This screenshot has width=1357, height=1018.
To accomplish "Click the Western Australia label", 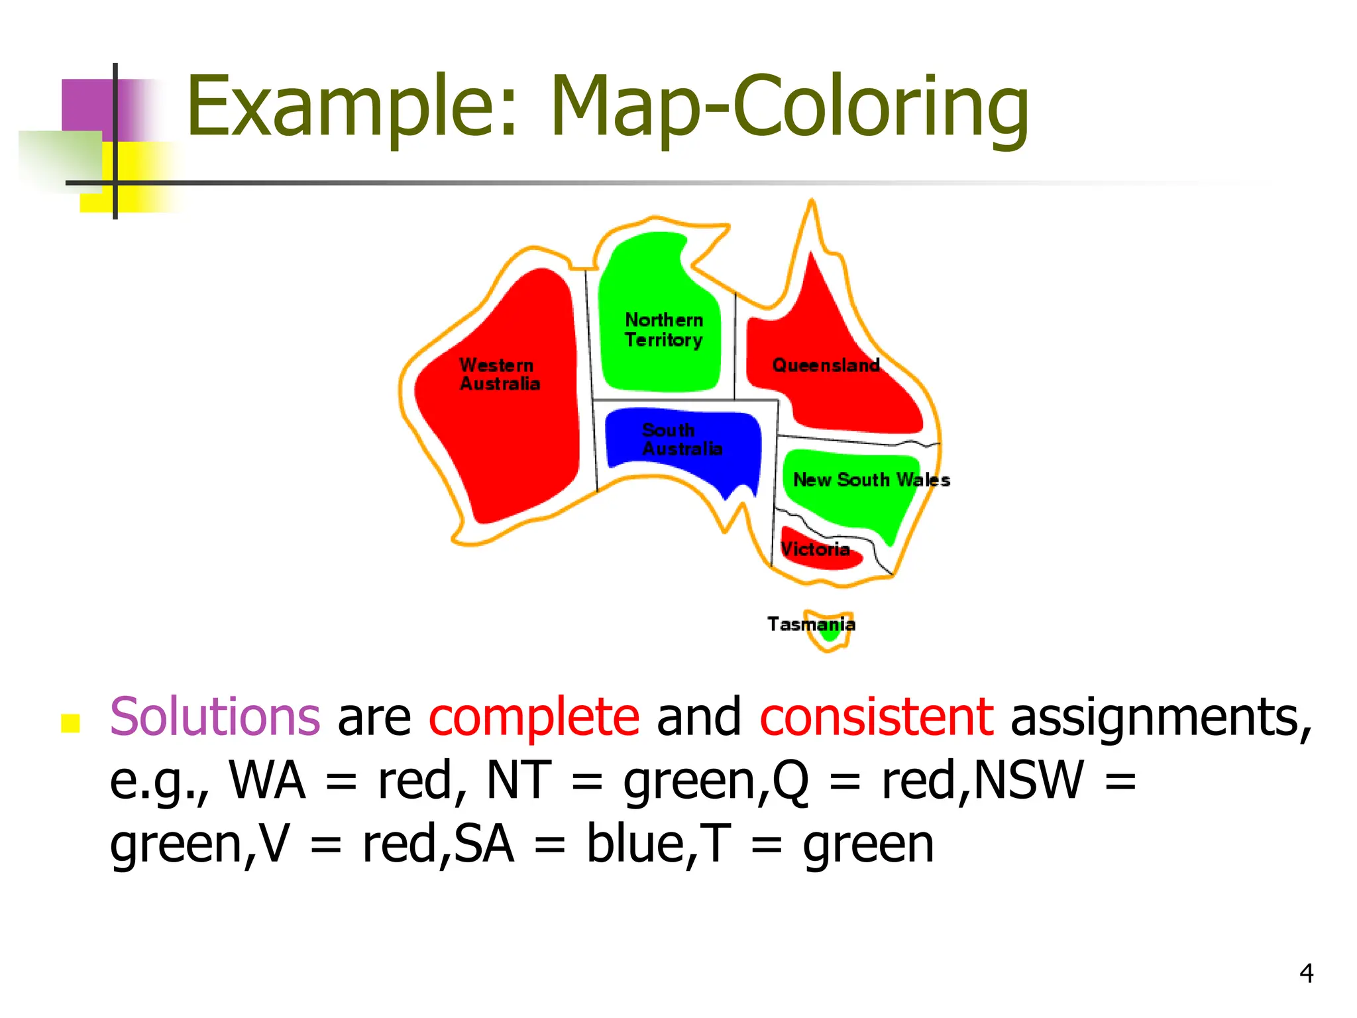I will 500,374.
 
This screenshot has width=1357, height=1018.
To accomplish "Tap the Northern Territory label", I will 663,330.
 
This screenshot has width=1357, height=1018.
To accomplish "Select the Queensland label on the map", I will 826,365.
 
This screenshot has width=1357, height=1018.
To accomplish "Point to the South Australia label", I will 682,439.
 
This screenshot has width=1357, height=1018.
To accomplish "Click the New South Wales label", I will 871,480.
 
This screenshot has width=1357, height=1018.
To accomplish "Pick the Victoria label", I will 815,549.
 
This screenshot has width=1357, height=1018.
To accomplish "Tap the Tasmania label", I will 811,624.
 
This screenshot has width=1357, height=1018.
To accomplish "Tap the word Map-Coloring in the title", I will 788,109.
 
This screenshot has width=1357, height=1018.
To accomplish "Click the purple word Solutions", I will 215,717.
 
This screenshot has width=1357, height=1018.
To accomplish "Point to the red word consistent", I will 876,717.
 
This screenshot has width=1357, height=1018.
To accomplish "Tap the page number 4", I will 1306,973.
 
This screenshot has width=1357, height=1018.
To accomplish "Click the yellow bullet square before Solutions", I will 70,723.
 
